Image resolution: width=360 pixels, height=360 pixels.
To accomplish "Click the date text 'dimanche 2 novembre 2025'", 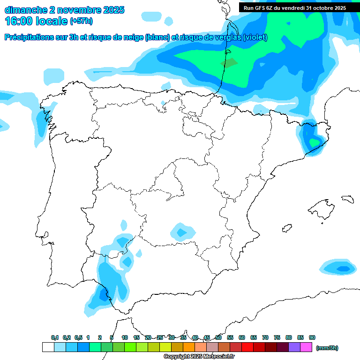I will (64, 10).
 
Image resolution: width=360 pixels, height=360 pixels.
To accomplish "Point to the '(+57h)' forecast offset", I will (81, 21).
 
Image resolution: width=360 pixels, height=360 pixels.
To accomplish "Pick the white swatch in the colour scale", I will (48, 347).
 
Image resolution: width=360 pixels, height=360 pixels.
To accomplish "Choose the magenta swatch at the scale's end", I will (306, 347).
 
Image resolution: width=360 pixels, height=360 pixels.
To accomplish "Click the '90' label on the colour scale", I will (312, 337).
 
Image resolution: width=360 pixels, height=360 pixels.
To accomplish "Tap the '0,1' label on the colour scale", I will (55, 337).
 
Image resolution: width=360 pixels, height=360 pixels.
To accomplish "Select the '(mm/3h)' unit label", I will (327, 348).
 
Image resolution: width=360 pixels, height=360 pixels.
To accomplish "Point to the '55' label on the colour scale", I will (230, 337).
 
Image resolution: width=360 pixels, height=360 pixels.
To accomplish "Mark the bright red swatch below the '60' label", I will (247, 347).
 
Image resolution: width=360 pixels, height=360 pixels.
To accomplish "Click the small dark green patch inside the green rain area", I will (229, 62).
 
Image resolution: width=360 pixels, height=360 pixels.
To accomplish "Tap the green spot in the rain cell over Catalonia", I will (313, 141).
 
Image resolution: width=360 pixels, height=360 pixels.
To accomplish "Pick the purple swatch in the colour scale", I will (294, 347).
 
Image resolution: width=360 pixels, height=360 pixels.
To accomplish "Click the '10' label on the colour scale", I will (125, 337).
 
